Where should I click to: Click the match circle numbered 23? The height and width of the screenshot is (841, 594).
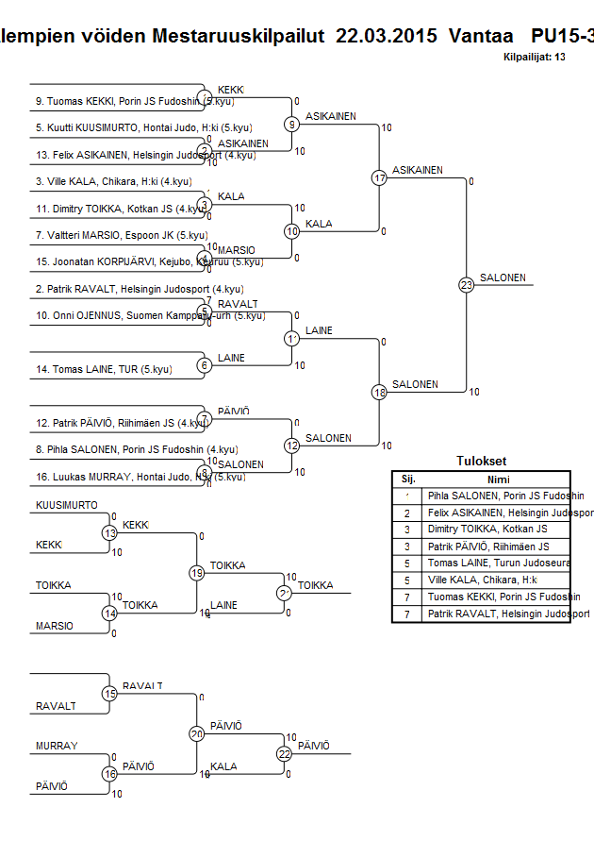466,284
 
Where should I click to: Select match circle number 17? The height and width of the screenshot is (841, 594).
379,177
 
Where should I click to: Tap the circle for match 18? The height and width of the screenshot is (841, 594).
379,392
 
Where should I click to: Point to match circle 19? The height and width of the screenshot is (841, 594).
197,572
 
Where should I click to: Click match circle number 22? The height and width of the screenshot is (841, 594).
285,752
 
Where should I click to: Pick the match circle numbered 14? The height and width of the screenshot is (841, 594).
109,613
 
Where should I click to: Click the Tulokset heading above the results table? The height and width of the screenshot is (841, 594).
481,462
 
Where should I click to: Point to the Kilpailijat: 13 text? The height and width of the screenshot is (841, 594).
535,58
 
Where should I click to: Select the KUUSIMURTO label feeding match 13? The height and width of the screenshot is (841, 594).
67,505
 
